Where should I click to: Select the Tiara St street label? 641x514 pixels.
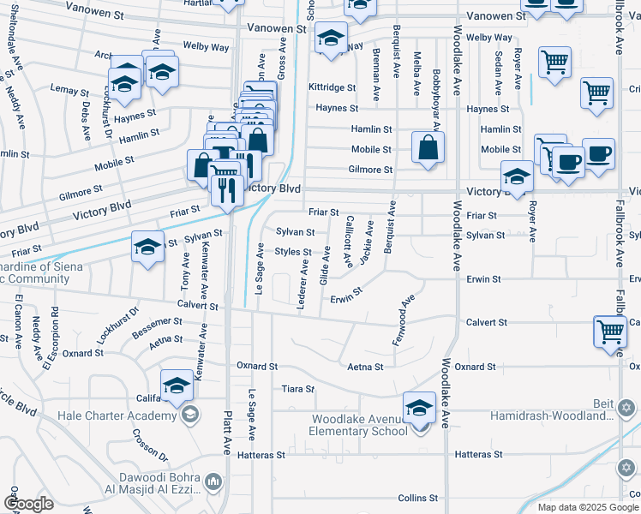tap(298, 389)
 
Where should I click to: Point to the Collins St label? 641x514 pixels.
tap(417, 498)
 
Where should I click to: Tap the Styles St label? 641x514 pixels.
tap(292, 252)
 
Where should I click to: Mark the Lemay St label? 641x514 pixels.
tap(70, 90)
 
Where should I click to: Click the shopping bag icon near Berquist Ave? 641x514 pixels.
tap(428, 147)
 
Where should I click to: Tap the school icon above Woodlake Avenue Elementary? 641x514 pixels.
tap(419, 406)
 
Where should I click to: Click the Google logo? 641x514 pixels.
tap(28, 503)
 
